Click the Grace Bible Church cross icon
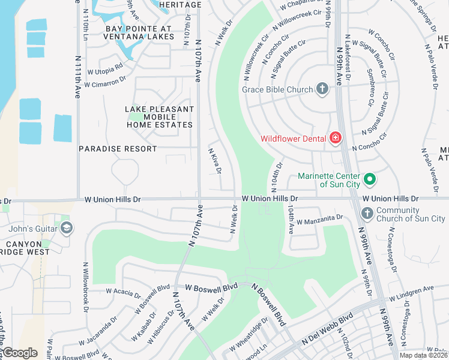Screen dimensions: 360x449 click(322, 89)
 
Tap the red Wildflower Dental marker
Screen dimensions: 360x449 click(335, 139)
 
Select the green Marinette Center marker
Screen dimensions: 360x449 click(370, 179)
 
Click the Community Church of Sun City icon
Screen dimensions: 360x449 click(367, 214)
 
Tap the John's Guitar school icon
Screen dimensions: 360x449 click(66, 227)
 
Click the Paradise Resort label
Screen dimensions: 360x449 click(118, 148)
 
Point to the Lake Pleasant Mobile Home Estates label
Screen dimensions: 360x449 click(160, 117)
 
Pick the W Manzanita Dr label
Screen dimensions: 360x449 click(319, 220)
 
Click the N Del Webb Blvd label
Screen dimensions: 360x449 click(327, 330)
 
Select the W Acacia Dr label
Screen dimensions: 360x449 click(124, 293)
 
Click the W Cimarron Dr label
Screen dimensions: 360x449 click(105, 82)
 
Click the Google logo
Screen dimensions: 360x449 click(20, 353)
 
